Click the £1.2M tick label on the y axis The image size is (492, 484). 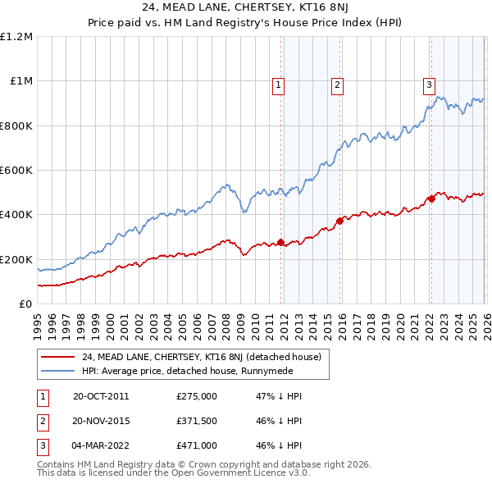click(18, 37)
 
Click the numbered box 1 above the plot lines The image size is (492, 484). click(279, 84)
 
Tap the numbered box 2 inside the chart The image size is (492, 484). click(337, 84)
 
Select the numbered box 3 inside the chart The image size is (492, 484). click(429, 84)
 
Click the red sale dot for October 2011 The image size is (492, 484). click(280, 242)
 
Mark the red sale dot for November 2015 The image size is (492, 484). click(339, 221)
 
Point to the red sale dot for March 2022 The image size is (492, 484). click(431, 199)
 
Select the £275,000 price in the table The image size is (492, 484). click(197, 395)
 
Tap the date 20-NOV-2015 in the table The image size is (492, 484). click(102, 420)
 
